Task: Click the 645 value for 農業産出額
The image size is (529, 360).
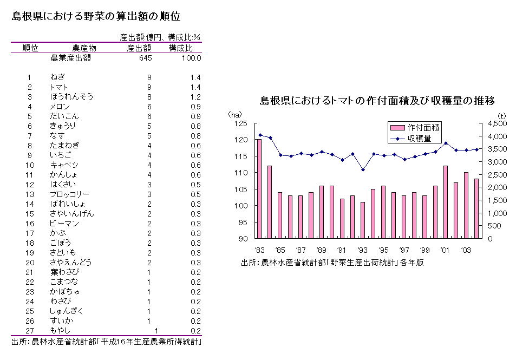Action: coord(145,57)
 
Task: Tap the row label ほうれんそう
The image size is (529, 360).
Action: coord(71,96)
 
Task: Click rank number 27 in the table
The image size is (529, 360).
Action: coord(30,330)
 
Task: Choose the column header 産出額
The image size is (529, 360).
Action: coord(139,48)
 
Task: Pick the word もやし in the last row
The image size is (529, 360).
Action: coord(60,330)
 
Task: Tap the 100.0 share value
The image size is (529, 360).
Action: coord(192,57)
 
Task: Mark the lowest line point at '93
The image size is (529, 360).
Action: coord(363,169)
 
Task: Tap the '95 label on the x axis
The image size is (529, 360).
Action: coord(383,250)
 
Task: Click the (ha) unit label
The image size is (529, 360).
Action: coord(234,115)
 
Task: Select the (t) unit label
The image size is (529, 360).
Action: coord(501,115)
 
